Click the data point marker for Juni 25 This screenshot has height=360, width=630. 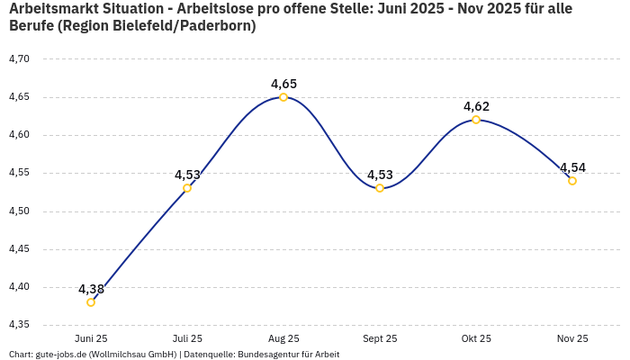tap(91, 302)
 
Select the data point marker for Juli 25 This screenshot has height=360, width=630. tap(187, 188)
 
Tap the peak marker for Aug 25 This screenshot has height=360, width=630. tap(283, 97)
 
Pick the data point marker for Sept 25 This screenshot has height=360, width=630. tap(380, 188)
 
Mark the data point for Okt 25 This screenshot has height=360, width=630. tap(476, 120)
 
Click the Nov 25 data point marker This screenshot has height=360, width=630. tap(572, 181)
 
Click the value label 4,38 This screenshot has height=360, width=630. tap(91, 289)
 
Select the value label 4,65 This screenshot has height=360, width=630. tap(283, 84)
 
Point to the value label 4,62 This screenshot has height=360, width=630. tap(476, 106)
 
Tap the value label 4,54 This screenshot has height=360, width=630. tap(572, 167)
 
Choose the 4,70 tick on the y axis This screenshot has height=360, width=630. tap(19, 59)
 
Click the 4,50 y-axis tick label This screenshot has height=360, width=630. tap(19, 211)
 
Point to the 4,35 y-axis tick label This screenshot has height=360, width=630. tap(19, 325)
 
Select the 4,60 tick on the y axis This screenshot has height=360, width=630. tap(19, 135)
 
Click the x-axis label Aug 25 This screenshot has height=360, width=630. tap(283, 338)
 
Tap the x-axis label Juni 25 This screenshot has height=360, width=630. tap(91, 338)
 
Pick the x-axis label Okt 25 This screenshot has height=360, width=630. tap(476, 338)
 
